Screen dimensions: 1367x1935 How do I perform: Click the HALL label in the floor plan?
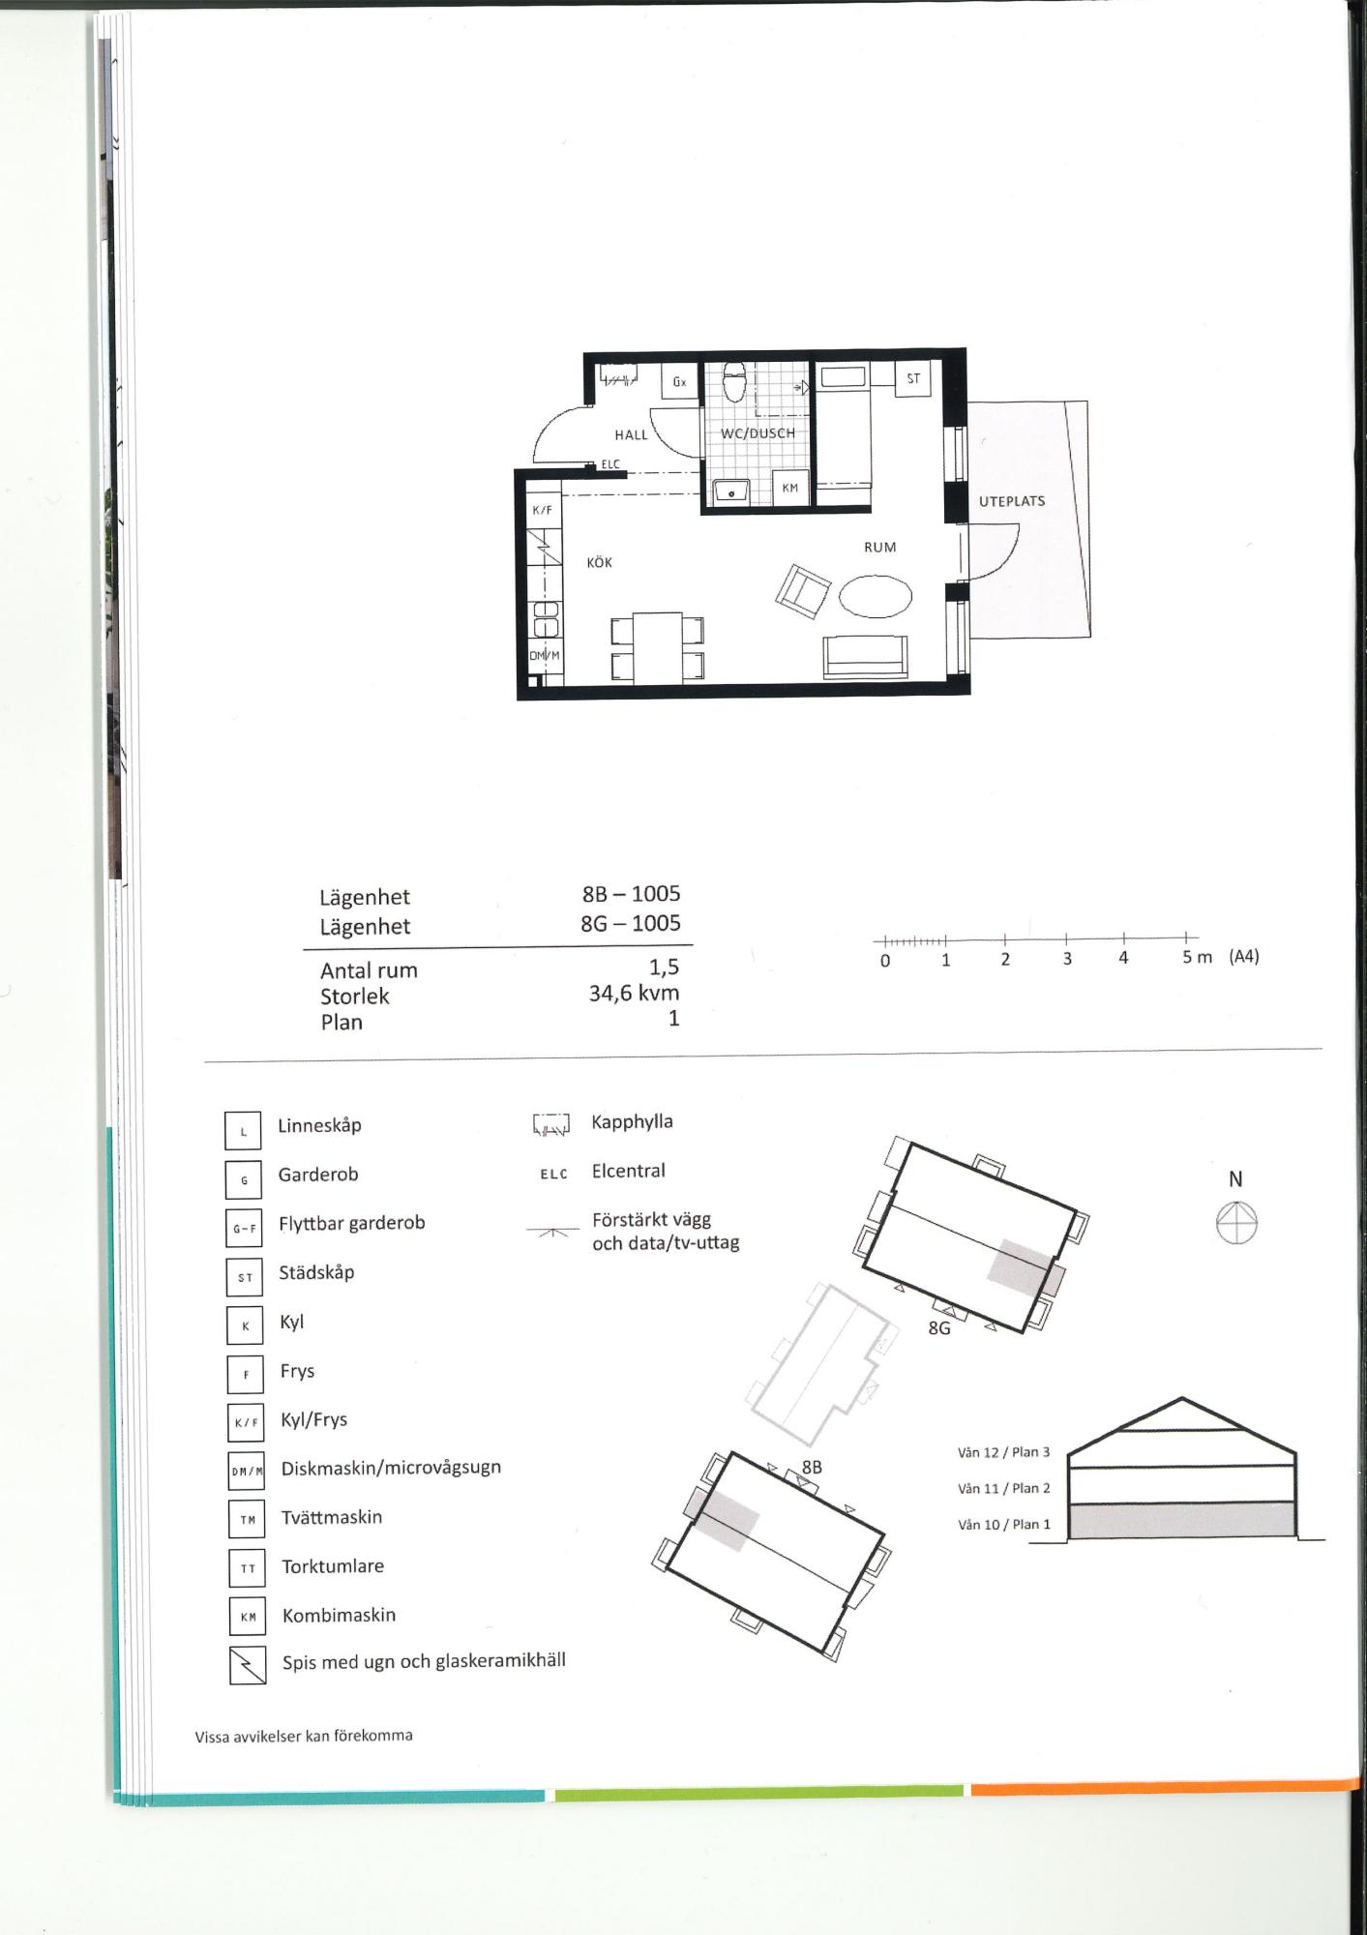tap(631, 435)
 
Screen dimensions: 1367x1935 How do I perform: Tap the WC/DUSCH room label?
tap(758, 433)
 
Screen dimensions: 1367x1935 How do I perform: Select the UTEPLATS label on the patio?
tap(1012, 501)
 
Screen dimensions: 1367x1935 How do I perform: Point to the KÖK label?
tap(600, 562)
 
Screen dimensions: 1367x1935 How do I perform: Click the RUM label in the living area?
tap(880, 547)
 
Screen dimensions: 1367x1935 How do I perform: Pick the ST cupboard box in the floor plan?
tap(913, 378)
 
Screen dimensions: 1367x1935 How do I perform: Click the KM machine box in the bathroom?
tap(790, 488)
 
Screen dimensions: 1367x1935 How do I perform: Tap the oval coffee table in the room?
tap(876, 596)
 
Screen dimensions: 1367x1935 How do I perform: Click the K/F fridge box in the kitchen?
tap(543, 510)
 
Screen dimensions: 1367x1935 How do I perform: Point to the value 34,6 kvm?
tap(634, 993)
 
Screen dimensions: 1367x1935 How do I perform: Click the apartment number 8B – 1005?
tap(631, 894)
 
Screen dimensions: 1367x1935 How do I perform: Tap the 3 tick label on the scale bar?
tap(1067, 959)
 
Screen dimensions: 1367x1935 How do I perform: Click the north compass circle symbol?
tap(1236, 1223)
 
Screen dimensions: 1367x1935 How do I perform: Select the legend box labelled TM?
tap(247, 1519)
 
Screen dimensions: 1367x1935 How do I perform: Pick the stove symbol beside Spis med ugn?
tap(248, 1665)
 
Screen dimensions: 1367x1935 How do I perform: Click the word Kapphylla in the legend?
tap(633, 1122)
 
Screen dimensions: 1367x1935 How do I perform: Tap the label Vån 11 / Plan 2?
tap(1004, 1488)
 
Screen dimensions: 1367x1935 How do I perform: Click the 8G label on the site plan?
tap(939, 1328)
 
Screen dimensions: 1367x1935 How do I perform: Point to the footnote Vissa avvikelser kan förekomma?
tap(304, 1736)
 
